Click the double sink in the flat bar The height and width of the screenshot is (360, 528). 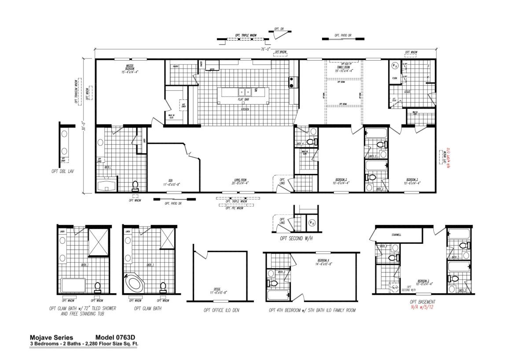(245, 92)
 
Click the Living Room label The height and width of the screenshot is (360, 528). (240, 182)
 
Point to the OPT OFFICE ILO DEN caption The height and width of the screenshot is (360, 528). (221, 310)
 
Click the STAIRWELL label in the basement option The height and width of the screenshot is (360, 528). (396, 235)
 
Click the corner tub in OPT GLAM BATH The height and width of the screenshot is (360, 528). (133, 283)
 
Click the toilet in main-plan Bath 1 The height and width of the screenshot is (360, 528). (135, 185)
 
